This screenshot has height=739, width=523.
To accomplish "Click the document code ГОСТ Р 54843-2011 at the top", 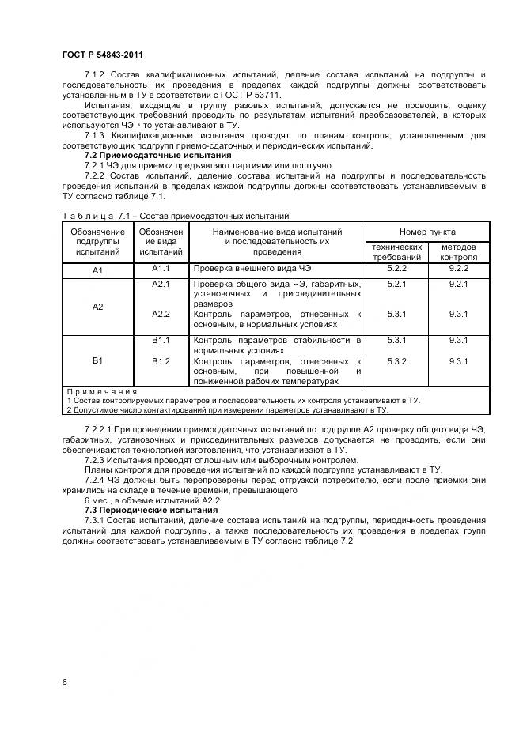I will tap(102, 54).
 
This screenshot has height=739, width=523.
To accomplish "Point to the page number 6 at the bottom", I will tap(64, 681).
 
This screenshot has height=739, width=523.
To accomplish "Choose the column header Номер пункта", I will tap(426, 232).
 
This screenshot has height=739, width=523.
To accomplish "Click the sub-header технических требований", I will tap(396, 252).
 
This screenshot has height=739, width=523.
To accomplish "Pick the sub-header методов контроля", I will tap(458, 252).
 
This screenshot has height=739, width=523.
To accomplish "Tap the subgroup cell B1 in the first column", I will tap(98, 360).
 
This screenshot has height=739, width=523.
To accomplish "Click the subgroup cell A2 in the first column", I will tap(98, 307).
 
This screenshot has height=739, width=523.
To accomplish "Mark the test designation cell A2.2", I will tap(161, 314).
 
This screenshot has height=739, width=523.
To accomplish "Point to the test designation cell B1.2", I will tap(161, 360).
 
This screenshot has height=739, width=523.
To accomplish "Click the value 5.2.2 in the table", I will tap(396, 269).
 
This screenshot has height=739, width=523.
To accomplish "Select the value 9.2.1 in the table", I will tap(458, 283).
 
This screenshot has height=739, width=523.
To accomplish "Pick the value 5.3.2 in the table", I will tap(396, 360).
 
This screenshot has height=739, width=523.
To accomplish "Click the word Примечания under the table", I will tap(101, 391).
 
